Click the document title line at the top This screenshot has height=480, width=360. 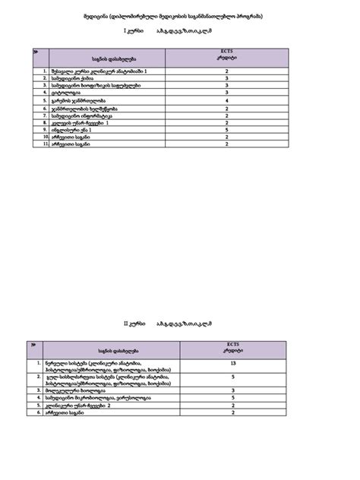[180, 16]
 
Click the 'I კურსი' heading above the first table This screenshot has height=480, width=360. [134, 33]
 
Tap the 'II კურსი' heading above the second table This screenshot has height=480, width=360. [134, 324]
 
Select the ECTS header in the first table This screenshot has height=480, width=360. [228, 55]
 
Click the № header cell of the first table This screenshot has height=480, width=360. [37, 52]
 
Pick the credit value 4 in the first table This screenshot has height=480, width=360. [227, 100]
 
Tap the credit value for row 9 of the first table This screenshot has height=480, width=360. [227, 129]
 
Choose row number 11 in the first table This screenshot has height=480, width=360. [46, 144]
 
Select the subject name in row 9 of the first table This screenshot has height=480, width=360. [71, 129]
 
